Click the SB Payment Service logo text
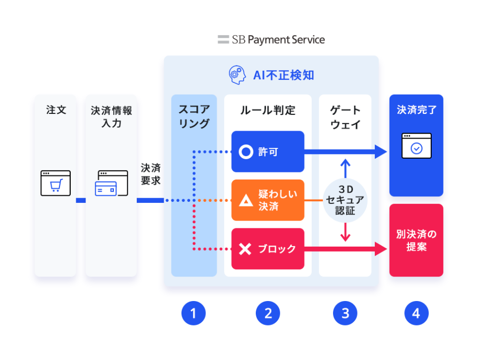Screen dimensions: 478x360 278,40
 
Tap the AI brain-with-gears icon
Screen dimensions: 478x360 237,75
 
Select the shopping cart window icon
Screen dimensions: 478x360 55,183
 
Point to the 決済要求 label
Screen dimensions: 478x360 151,174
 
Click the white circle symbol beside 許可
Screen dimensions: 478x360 246,152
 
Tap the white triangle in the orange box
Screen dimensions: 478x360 246,200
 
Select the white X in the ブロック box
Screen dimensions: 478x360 245,249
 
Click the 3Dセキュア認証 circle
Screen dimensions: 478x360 345,200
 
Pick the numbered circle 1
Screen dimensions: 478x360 194,313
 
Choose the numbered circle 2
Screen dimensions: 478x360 268,313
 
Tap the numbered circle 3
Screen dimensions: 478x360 345,313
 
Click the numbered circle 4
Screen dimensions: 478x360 416,313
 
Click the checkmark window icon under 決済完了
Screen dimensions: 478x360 416,146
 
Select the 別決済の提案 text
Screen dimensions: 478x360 416,240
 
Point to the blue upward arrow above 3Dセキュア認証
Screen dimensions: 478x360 345,168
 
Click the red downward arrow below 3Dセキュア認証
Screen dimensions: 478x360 345,232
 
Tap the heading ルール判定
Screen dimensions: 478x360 268,110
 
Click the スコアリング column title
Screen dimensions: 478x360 194,116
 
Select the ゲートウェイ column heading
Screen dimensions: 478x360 345,117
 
